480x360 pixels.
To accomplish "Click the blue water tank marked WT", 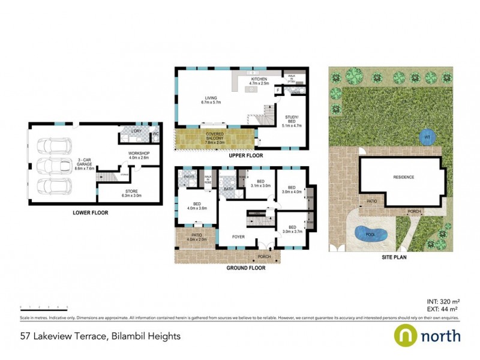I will (x=427, y=136).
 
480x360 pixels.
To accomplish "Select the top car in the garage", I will (x=53, y=146).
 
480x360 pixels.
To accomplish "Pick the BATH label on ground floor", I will (x=228, y=189).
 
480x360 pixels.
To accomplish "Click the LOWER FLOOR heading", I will (x=89, y=212).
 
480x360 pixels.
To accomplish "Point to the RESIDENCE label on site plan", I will (x=403, y=177).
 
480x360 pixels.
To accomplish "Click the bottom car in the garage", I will (x=53, y=185).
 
